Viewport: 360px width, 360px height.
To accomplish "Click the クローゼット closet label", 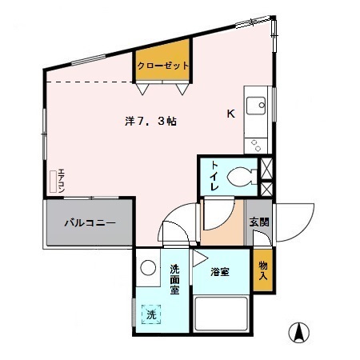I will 162,66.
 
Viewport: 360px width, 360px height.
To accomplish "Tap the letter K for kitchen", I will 230,114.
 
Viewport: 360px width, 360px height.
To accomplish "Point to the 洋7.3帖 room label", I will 150,122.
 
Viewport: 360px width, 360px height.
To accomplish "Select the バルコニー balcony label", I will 90,222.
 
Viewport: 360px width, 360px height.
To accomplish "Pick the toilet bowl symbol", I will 242,175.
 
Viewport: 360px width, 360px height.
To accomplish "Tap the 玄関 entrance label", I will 258,222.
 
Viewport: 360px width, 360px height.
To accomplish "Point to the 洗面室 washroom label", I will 174,279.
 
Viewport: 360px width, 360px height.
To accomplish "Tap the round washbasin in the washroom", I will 149,270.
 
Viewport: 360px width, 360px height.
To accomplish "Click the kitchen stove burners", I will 257,145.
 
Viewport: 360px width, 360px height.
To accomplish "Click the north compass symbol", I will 300,330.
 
